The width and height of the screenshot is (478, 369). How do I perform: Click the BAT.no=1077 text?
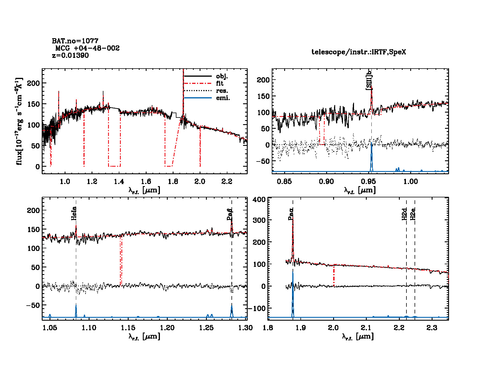coord(75,41)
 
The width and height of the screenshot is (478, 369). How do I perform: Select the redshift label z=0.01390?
coord(70,56)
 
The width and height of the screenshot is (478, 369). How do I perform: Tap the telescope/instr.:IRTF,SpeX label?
coord(359,52)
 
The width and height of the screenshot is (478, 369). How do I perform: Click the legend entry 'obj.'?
coord(222,76)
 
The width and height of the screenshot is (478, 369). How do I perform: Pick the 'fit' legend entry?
coord(220,83)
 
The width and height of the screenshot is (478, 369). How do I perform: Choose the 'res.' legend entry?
coord(222,91)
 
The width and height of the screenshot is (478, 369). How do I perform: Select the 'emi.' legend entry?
coord(223,98)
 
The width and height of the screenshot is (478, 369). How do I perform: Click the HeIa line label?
coord(74,213)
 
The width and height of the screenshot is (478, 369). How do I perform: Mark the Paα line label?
coord(291,214)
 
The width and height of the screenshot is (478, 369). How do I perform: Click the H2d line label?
coord(404,214)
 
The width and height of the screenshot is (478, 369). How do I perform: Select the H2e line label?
coord(413,214)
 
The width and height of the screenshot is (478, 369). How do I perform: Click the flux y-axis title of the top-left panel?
coord(19,122)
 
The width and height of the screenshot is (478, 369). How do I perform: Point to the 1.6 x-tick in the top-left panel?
coord(146,181)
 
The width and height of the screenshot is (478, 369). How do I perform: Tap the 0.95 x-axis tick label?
coord(368,181)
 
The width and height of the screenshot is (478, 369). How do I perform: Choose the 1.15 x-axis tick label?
coord(128,328)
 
